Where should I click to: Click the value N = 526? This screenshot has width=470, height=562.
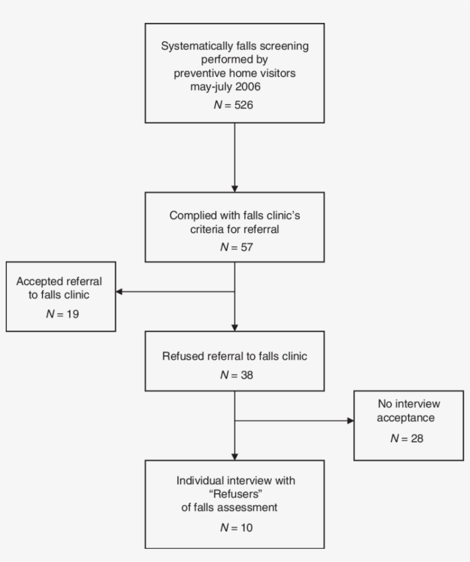(235, 105)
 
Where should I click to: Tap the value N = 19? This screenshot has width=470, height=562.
(62, 314)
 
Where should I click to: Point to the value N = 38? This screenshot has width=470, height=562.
(235, 375)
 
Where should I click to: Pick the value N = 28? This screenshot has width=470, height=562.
(408, 438)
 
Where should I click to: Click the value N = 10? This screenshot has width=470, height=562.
(235, 528)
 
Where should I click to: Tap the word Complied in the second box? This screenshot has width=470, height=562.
(189, 215)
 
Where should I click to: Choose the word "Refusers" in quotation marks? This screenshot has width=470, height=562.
(235, 493)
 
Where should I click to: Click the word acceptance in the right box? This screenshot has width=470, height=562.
(405, 418)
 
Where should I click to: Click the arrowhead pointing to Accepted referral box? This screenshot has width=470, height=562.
(119, 292)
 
